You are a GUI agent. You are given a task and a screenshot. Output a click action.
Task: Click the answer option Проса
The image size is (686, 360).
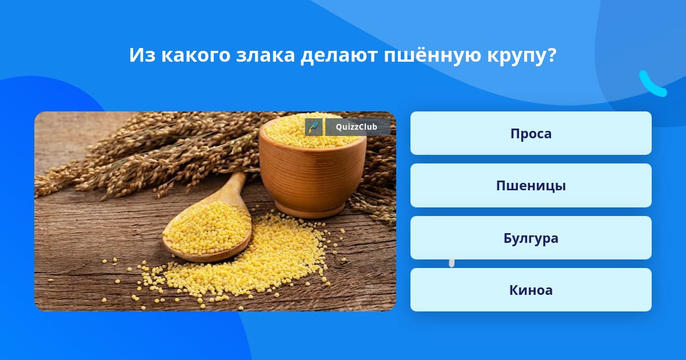click(x=531, y=133)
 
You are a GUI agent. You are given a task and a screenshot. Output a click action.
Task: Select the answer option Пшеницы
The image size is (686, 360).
click(x=531, y=186)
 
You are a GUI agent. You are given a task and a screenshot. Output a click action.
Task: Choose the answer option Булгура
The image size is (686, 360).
click(x=531, y=238)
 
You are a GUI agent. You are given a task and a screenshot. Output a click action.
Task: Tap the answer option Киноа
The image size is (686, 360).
click(x=531, y=290)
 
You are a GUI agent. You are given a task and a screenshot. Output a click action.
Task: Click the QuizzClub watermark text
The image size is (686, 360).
click(x=356, y=127)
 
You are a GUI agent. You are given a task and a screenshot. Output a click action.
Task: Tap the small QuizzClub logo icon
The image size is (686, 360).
click(x=314, y=127)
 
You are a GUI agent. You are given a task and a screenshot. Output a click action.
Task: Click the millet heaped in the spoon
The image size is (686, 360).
click(x=207, y=228)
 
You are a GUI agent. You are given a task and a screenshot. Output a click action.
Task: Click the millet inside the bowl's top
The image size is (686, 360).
click(x=312, y=130)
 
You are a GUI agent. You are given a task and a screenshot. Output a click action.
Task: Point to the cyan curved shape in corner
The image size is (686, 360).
click(x=652, y=85)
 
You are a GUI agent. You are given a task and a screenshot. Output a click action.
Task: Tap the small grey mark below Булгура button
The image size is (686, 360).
click(x=452, y=263)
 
